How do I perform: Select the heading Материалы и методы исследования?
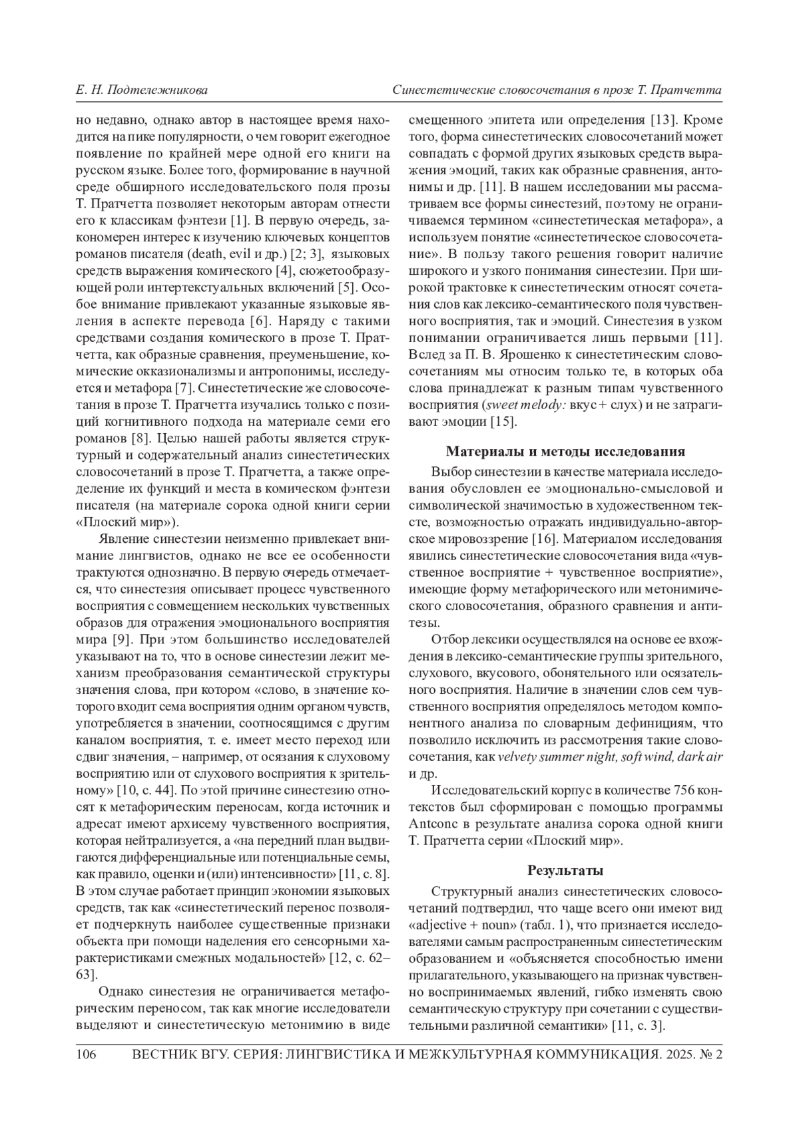click(x=565, y=452)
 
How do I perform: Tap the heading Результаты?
click(x=565, y=870)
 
